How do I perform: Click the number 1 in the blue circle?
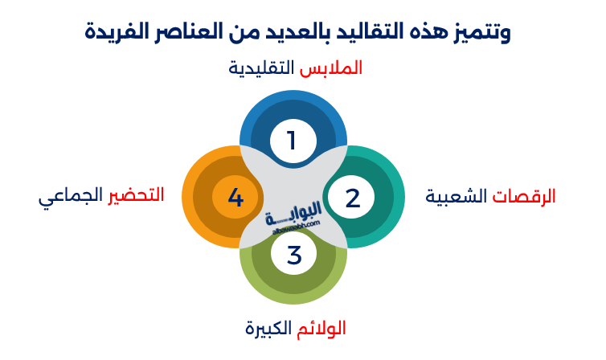pyautogui.click(x=293, y=141)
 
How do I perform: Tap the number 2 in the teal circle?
pyautogui.click(x=353, y=198)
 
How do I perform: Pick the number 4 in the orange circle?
pyautogui.click(x=235, y=198)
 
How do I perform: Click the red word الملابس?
pyautogui.click(x=330, y=68)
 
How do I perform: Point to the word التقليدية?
pyautogui.click(x=261, y=68)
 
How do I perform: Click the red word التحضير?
pyautogui.click(x=136, y=195)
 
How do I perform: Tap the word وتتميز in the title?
pyautogui.click(x=480, y=33)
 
